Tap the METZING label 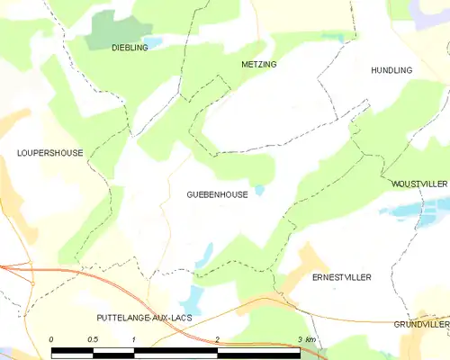click(x=259, y=65)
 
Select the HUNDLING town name click(x=391, y=70)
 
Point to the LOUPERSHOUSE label click(x=49, y=153)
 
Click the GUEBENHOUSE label click(x=218, y=194)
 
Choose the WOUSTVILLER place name click(x=418, y=184)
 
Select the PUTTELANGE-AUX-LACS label click(x=144, y=318)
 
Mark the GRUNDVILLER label click(x=421, y=323)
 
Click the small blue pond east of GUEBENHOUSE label click(x=259, y=190)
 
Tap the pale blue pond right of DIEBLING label click(x=154, y=42)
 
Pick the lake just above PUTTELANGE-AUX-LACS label click(x=192, y=297)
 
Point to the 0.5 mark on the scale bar click(x=94, y=339)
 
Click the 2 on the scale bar click(x=218, y=339)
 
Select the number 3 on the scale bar click(x=300, y=339)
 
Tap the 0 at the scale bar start click(x=52, y=339)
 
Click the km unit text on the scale click(x=310, y=339)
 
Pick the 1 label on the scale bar click(x=134, y=339)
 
